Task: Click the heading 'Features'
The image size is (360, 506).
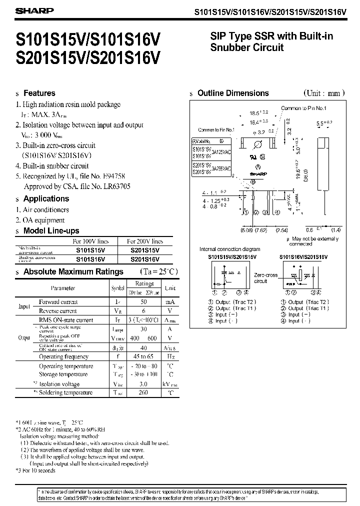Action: [39, 93]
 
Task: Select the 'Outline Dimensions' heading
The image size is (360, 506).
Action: [233, 93]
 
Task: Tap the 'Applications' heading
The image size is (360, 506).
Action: [46, 198]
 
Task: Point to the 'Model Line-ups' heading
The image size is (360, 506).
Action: [51, 230]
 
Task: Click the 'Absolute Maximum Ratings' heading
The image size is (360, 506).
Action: [73, 271]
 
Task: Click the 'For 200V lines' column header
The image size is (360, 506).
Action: [145, 241]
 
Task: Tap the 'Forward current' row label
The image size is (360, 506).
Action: [58, 302]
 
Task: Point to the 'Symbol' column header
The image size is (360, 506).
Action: [117, 288]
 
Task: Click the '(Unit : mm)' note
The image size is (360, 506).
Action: [324, 93]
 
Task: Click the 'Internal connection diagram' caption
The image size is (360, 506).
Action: [229, 249]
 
